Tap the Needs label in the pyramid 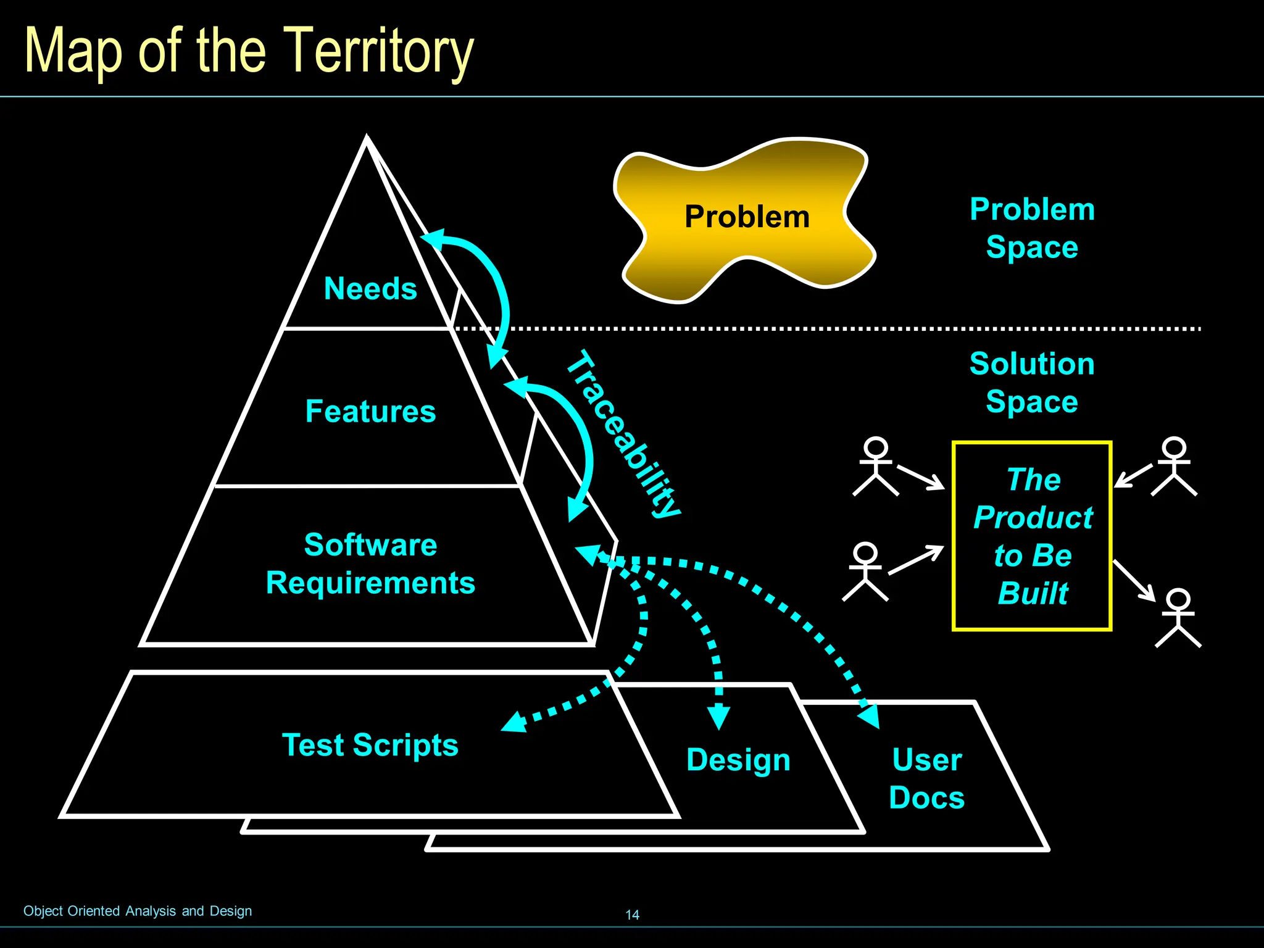click(370, 288)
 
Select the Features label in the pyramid click(370, 411)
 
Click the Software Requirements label click(370, 563)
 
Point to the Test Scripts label click(370, 744)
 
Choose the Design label click(738, 759)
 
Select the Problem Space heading click(1032, 228)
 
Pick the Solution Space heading click(1032, 382)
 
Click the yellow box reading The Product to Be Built click(1032, 536)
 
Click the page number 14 click(632, 915)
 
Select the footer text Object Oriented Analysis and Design click(138, 911)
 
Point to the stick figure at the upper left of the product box click(876, 467)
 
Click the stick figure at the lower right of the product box click(1178, 618)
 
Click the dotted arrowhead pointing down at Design click(718, 718)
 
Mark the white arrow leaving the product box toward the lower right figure click(1134, 581)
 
